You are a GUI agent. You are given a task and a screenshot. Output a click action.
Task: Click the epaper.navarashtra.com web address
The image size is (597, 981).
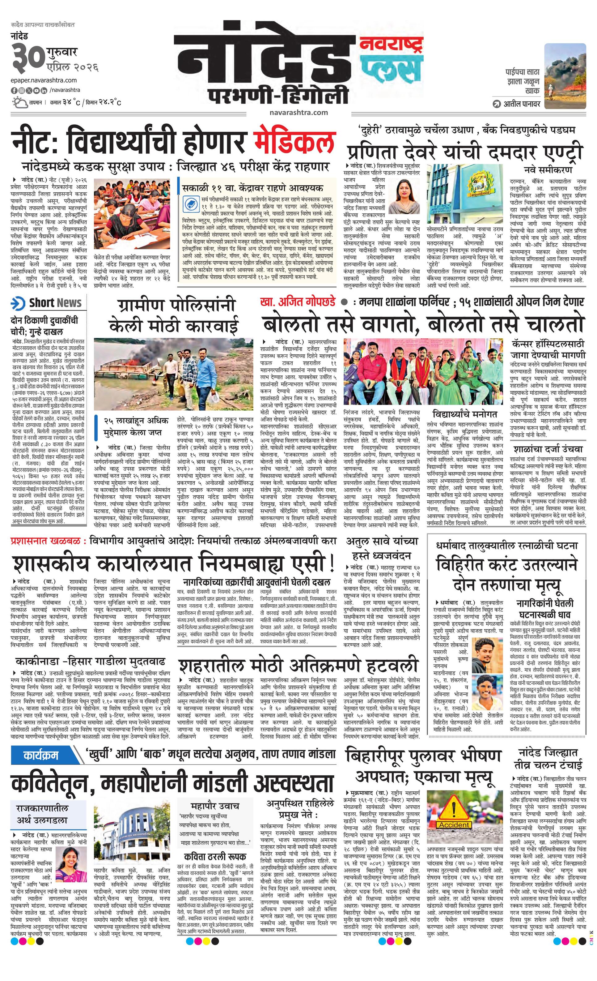pos(44,80)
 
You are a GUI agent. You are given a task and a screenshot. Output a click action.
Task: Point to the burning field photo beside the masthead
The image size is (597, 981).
pos(565,76)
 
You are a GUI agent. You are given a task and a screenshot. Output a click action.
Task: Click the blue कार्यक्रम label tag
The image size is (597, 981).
pos(41,755)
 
